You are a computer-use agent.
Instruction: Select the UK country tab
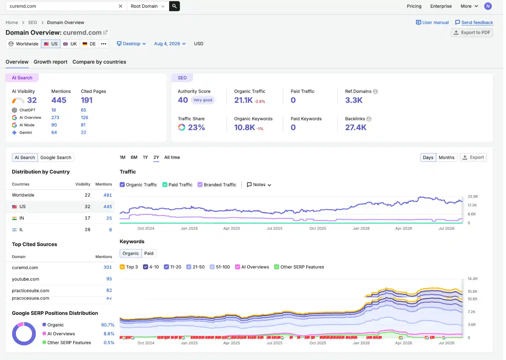[70, 44]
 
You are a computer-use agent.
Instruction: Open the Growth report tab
[50, 62]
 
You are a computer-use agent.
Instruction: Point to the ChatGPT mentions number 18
[54, 110]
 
